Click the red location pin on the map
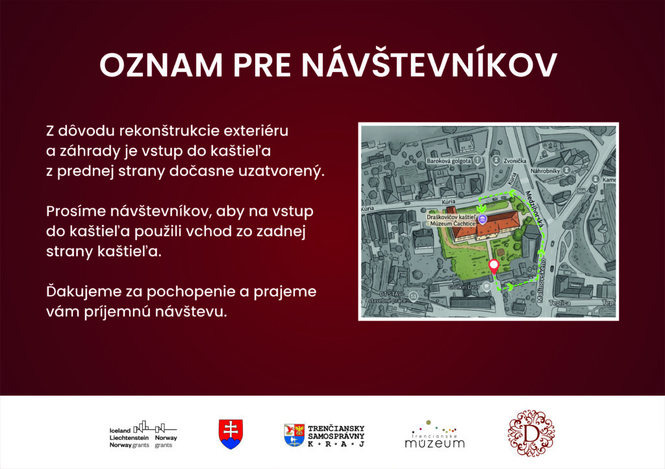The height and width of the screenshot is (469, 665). point(493,266)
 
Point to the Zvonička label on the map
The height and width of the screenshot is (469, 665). point(512,160)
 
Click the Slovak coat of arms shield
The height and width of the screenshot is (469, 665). point(231,433)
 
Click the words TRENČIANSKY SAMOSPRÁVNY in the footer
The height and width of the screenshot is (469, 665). point(336,432)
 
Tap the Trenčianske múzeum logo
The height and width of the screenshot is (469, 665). point(434,435)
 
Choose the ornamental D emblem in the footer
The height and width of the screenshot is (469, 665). point(531,433)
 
